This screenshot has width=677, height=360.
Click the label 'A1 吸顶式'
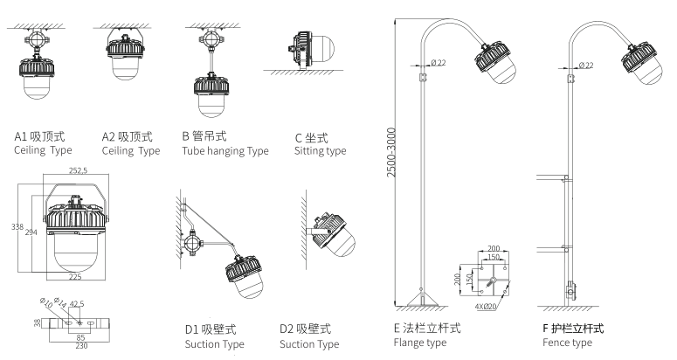pyautogui.click(x=39, y=137)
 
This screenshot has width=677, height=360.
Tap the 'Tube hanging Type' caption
pyautogui.click(x=225, y=151)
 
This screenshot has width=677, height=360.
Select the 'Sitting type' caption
pyautogui.click(x=320, y=151)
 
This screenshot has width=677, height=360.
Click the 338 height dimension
pyautogui.click(x=15, y=226)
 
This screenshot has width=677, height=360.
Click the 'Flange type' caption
pyautogui.click(x=420, y=343)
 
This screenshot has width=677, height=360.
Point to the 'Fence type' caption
pyautogui.click(x=567, y=343)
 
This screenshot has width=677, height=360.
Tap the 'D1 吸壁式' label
pyautogui.click(x=211, y=329)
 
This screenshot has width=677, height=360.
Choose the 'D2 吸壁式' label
pyautogui.click(x=306, y=329)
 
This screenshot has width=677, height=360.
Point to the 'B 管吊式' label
pyautogui.click(x=206, y=137)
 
